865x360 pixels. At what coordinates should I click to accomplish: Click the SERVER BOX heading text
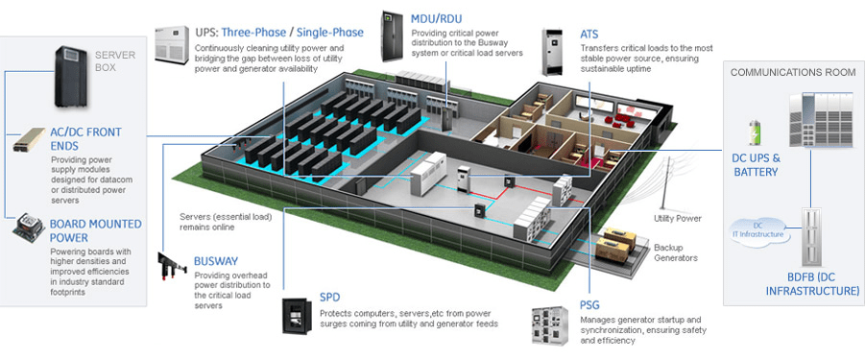point(115,61)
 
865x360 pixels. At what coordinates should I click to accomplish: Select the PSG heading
point(589,305)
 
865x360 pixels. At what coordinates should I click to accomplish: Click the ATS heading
point(589,34)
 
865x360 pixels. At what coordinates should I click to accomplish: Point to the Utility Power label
point(679,218)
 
